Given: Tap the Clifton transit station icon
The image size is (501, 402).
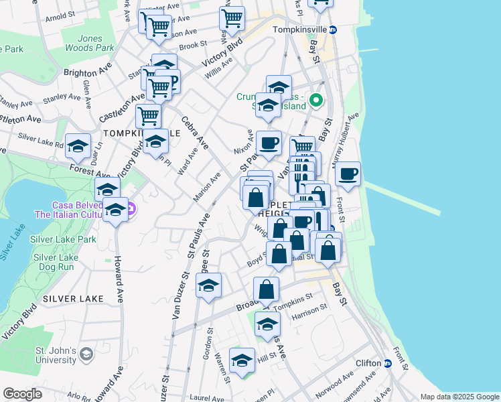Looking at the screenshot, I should point(387,363).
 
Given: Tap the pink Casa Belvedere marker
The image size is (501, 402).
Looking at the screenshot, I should point(132,209).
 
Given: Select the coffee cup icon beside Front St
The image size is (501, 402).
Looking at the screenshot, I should point(348,174).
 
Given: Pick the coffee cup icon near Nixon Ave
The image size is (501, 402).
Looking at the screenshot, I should point(269,143).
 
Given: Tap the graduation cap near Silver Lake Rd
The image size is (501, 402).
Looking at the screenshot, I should point(78,147).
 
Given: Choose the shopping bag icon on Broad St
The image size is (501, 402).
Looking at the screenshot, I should point(266,289).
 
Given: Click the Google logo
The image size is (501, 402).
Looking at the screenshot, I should point(22,394).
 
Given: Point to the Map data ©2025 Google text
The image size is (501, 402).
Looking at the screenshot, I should point(459,397).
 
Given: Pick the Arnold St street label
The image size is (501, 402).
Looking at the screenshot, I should point(59,15).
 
